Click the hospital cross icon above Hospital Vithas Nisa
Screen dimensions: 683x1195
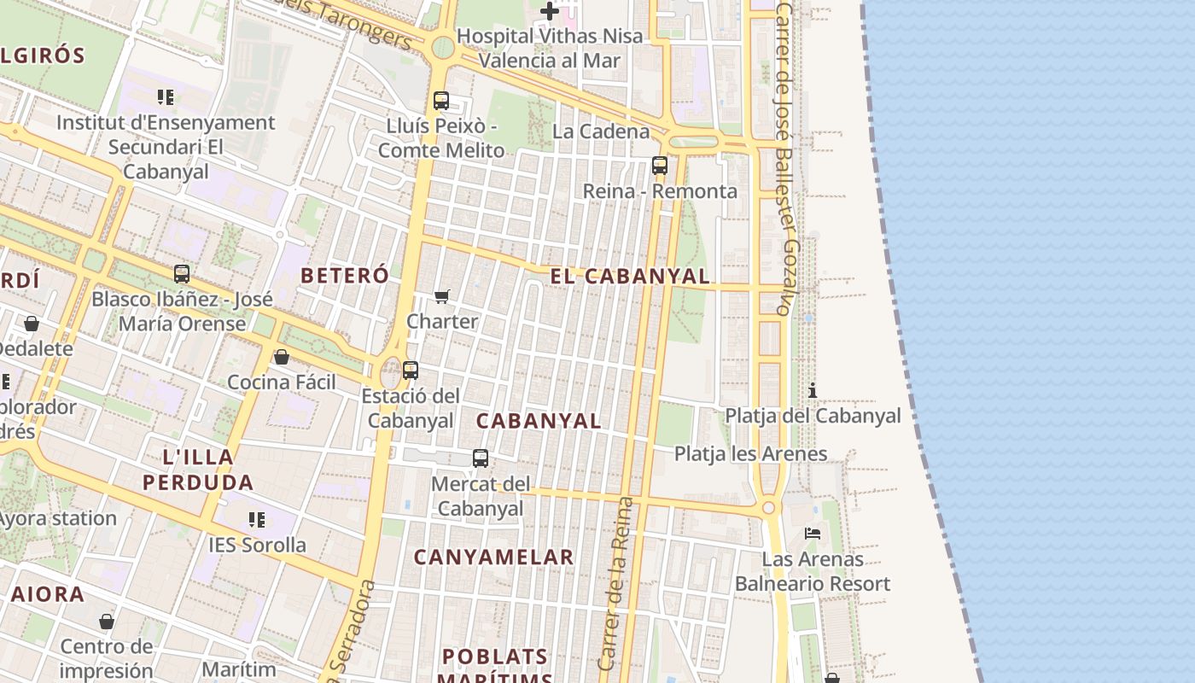(x=550, y=11)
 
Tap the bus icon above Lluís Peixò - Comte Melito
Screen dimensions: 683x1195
(x=441, y=101)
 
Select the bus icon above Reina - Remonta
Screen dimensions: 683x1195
(x=659, y=166)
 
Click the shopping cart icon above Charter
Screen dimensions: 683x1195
(x=441, y=296)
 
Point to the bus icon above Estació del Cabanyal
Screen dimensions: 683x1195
(x=411, y=371)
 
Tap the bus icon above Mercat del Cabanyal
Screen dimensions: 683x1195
(x=481, y=458)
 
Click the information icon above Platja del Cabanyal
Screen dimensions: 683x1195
(x=813, y=390)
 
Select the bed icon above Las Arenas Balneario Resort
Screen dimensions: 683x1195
(x=813, y=534)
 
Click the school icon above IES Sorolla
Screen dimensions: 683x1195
(x=257, y=519)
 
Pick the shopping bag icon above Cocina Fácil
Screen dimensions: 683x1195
(x=282, y=357)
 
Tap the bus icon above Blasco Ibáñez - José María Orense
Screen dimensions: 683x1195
(x=182, y=274)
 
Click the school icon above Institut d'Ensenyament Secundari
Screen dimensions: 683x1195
(x=166, y=97)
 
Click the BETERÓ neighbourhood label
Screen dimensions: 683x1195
(x=345, y=276)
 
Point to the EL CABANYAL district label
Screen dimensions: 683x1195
(x=630, y=277)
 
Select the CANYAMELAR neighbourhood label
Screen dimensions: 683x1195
(x=493, y=557)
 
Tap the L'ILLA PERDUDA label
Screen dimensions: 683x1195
(x=198, y=470)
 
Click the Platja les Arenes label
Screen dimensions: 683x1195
(x=750, y=453)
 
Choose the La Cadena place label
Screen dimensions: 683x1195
(x=601, y=131)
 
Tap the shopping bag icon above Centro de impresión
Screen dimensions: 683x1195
(x=107, y=622)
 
